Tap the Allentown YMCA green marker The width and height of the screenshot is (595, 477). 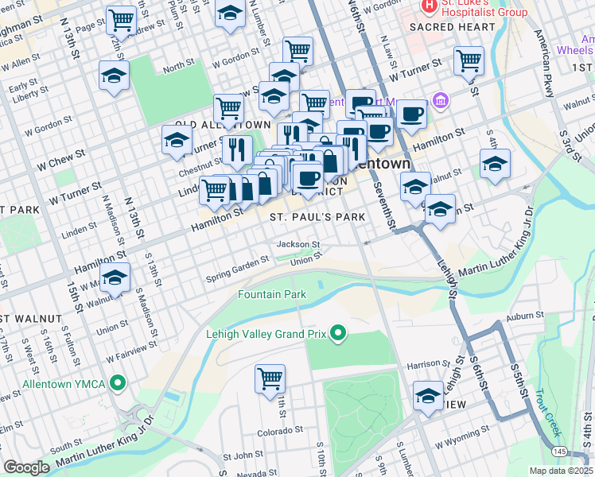click(x=119, y=383)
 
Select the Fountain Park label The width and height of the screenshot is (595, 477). click(x=272, y=294)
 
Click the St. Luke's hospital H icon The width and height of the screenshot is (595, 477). click(x=430, y=6)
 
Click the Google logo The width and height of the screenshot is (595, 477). click(x=26, y=467)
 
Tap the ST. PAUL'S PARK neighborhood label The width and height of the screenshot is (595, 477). click(x=317, y=217)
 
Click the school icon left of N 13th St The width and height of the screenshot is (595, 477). click(x=115, y=76)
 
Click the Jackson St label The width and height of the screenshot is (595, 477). click(x=298, y=244)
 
